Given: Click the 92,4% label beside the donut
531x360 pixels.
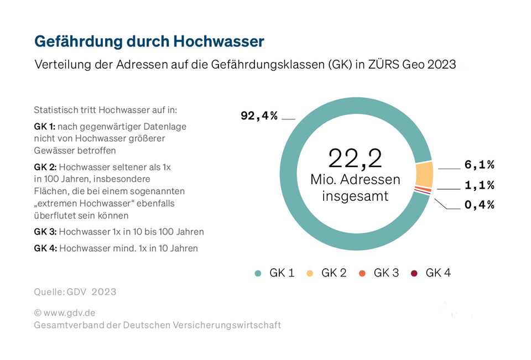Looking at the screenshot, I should click(259, 116).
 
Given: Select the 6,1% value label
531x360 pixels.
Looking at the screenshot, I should click(479, 164).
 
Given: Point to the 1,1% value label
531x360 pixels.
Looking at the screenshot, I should click(479, 185).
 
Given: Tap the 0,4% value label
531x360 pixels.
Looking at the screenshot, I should click(479, 205).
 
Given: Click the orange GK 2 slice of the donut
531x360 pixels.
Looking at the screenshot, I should click(424, 174).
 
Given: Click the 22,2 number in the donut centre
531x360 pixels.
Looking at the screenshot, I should click(355, 158).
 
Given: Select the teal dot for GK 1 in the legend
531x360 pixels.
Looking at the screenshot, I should click(258, 273).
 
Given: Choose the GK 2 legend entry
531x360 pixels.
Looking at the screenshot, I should click(327, 273).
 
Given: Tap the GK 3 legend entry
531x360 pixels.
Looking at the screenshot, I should click(379, 273).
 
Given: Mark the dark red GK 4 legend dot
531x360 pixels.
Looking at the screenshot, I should click(414, 273).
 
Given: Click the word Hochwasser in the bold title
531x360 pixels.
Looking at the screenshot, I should click(218, 41).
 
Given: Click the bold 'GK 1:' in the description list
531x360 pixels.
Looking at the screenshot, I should click(45, 127).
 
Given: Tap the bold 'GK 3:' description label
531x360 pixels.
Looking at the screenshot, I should click(45, 232).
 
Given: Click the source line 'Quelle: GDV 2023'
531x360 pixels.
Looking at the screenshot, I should click(75, 291).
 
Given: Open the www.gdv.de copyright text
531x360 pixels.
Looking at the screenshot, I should click(64, 312).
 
